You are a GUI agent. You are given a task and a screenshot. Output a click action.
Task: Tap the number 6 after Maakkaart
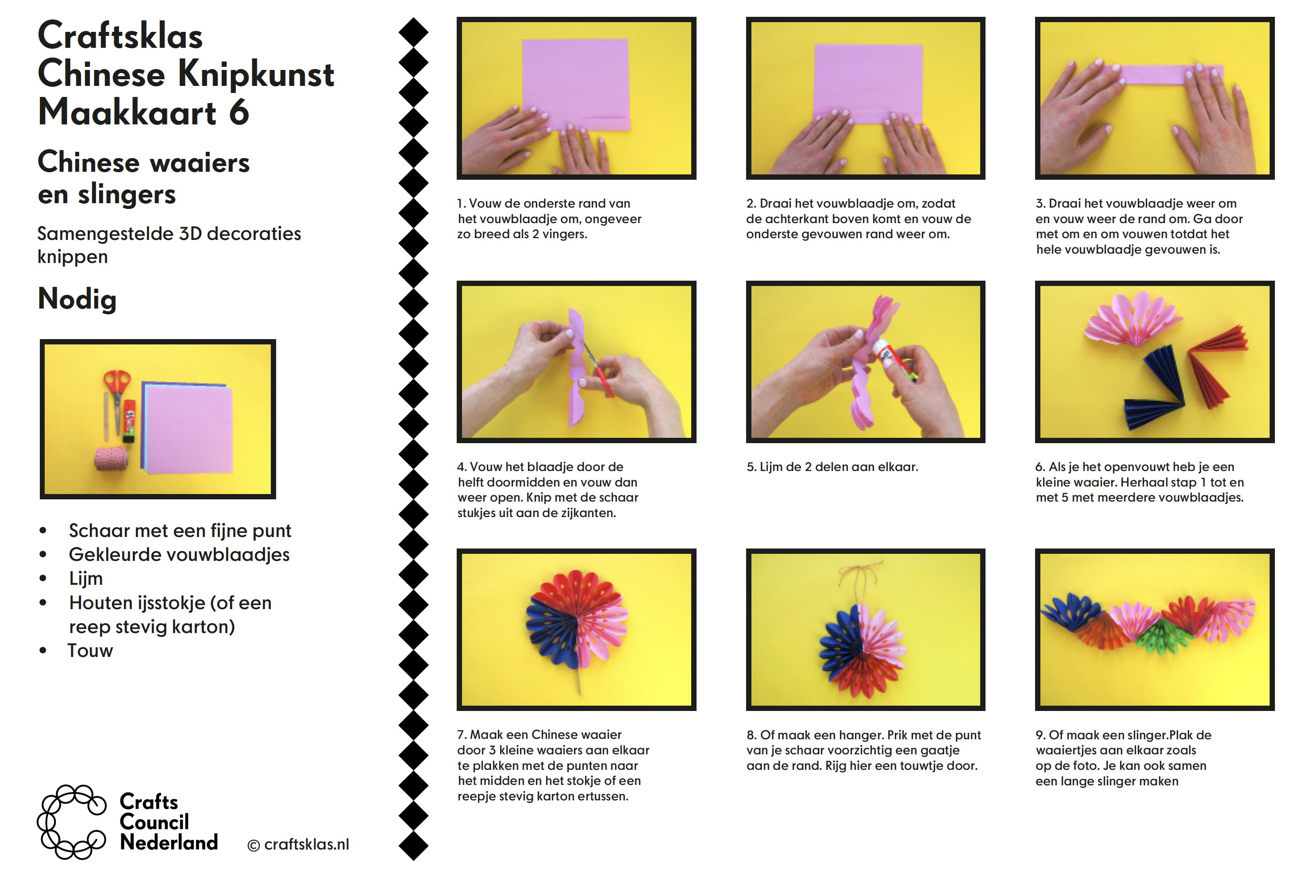tap(239, 112)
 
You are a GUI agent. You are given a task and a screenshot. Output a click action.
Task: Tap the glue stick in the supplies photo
tap(129, 421)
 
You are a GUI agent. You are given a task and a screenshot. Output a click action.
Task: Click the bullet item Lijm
tap(86, 579)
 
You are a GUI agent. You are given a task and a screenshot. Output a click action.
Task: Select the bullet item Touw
tap(90, 651)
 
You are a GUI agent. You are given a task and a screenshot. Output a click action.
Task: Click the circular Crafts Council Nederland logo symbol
tap(71, 822)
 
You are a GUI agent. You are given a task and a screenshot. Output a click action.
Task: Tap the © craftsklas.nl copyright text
tap(298, 845)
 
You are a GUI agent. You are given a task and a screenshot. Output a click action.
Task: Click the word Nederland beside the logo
tap(169, 843)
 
